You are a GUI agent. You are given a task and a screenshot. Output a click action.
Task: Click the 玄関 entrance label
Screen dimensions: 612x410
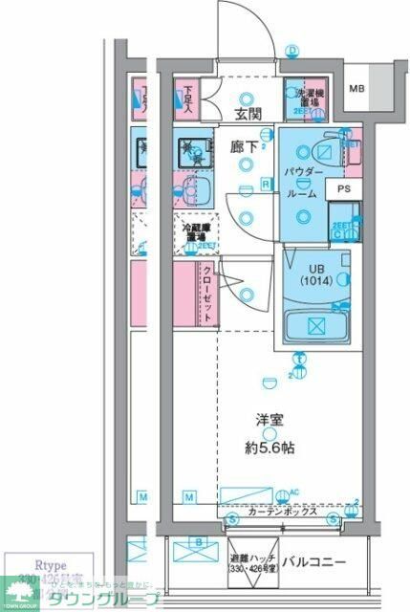(248, 116)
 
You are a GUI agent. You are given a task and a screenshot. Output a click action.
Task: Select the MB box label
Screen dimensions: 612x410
(356, 90)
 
